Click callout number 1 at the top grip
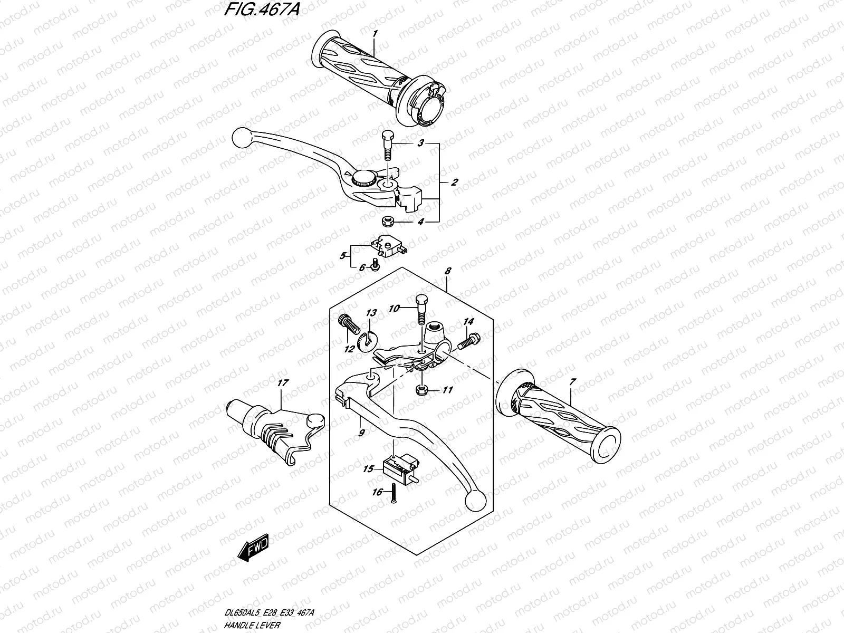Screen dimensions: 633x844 pyautogui.click(x=374, y=34)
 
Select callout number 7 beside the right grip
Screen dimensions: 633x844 pyautogui.click(x=572, y=381)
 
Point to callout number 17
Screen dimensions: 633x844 pyautogui.click(x=283, y=383)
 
